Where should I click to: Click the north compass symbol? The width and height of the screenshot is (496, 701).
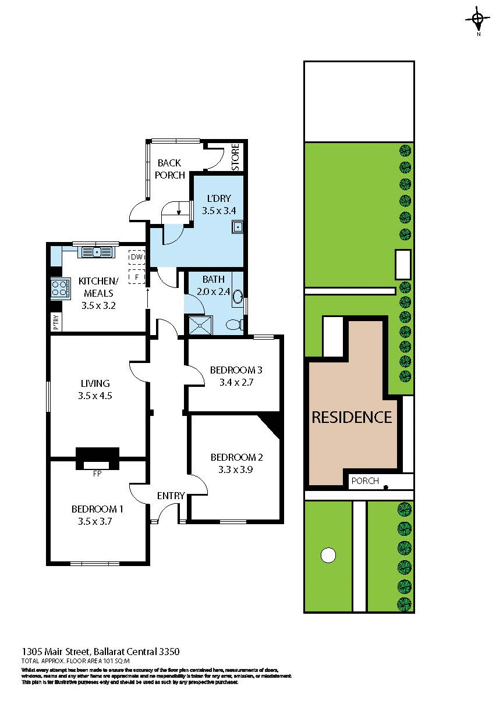click(477, 21)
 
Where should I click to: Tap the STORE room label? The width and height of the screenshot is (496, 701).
click(236, 156)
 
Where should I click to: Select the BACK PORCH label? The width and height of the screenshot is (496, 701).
click(170, 169)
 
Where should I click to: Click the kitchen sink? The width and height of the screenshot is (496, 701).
click(96, 252)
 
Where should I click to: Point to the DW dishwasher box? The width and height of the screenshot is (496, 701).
click(137, 257)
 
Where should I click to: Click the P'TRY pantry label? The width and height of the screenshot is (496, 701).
click(56, 322)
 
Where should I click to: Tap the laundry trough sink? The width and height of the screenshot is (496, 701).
click(237, 227)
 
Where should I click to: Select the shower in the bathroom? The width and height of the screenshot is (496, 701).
click(200, 325)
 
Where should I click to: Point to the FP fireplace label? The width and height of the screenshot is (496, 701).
click(97, 474)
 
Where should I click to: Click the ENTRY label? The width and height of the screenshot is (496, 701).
click(171, 496)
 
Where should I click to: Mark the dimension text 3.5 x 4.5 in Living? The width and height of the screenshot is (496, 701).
click(94, 396)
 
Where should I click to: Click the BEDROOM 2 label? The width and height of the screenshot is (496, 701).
click(237, 457)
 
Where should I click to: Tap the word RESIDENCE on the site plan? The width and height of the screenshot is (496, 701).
click(352, 417)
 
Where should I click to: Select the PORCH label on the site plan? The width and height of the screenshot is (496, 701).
click(365, 481)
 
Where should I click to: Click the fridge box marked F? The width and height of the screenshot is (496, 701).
click(136, 277)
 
